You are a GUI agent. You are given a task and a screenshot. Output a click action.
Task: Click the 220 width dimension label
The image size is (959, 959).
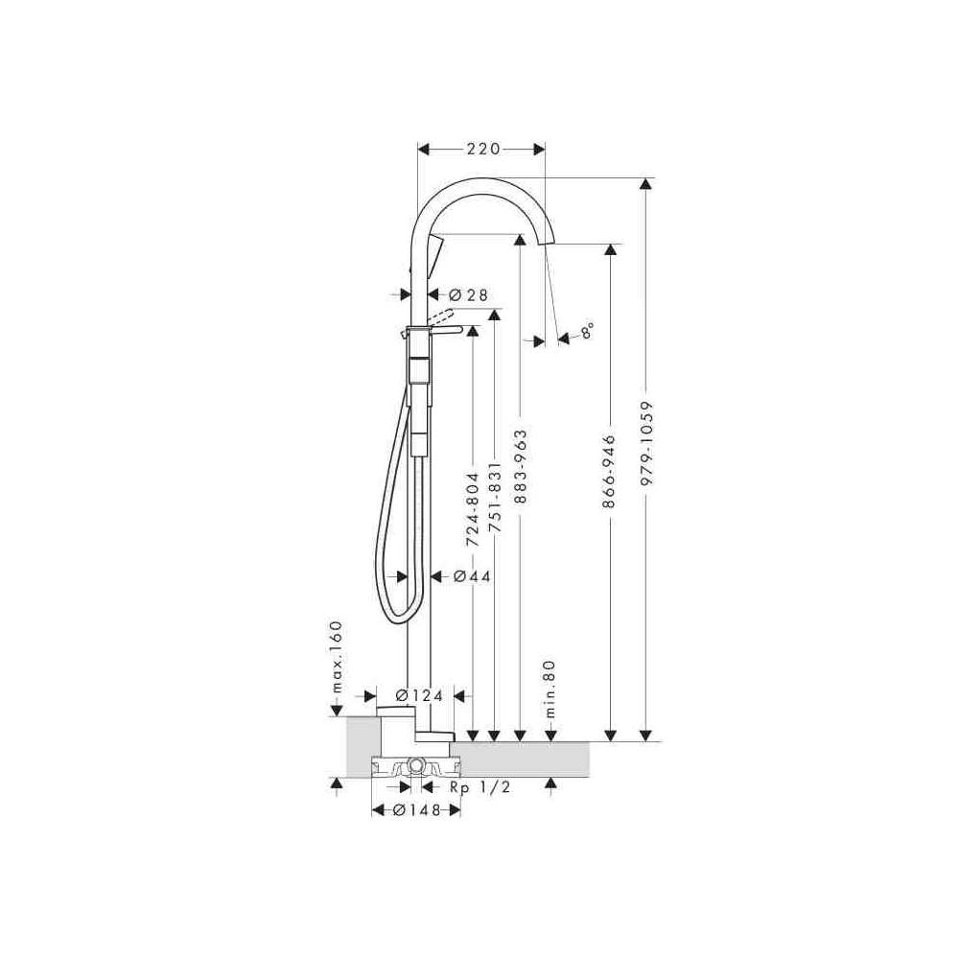click(x=483, y=149)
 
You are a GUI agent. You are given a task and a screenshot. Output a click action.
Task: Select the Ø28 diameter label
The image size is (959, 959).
click(x=469, y=295)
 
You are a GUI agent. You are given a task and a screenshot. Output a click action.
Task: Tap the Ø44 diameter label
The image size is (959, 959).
click(x=472, y=576)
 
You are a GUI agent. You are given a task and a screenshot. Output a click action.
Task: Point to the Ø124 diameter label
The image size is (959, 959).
click(x=419, y=695)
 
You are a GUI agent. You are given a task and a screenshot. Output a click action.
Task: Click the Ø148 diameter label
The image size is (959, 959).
click(x=417, y=809)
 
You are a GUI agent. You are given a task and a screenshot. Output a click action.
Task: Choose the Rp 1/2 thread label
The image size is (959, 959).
click(x=480, y=787)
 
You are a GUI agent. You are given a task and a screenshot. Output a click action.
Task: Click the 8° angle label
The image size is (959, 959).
click(x=587, y=331)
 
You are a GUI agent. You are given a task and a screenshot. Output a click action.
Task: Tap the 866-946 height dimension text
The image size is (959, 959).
click(x=609, y=472)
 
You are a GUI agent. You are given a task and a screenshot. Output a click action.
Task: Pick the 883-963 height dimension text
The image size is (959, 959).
click(x=520, y=467)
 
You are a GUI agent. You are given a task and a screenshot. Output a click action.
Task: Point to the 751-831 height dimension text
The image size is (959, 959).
click(x=496, y=496)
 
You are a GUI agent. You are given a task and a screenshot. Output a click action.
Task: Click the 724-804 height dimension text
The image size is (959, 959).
click(x=472, y=510)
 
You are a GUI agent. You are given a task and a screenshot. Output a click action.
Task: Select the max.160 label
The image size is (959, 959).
click(x=336, y=656)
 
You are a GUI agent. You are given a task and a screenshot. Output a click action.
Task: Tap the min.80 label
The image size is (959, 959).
click(x=550, y=689)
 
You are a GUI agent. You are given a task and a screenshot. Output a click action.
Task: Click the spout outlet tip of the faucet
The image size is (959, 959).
click(x=548, y=244)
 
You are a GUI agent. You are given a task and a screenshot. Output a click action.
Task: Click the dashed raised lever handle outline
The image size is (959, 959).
click(x=440, y=316)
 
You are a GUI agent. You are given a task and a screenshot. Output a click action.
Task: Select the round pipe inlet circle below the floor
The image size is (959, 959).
click(x=416, y=765)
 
